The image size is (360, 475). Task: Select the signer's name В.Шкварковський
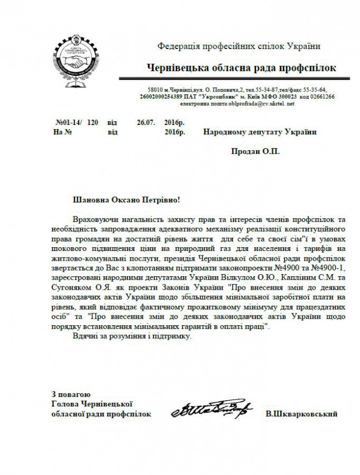coord(301,414)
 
